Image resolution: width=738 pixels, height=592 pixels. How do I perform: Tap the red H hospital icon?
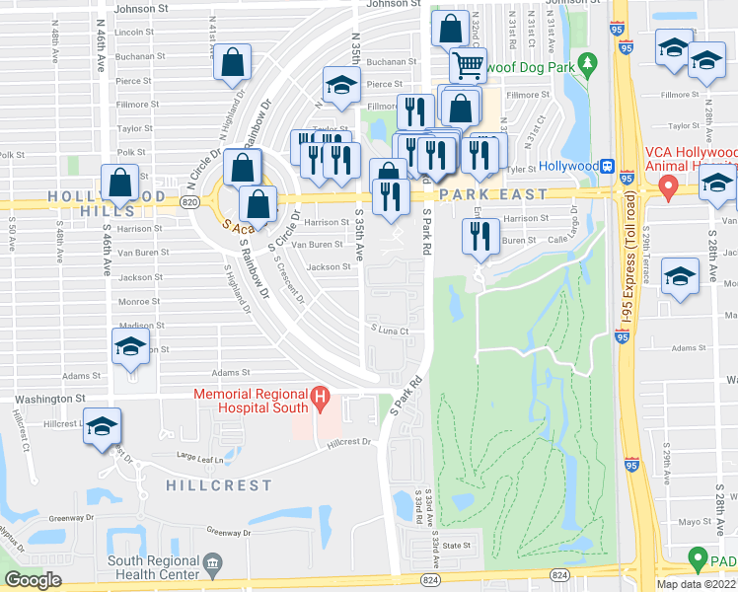click(x=319, y=400)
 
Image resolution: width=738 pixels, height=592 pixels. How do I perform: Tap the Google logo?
click(x=34, y=579)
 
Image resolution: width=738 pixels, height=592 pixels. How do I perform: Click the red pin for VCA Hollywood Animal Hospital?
click(x=669, y=185)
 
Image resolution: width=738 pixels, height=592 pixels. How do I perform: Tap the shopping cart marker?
click(x=468, y=65)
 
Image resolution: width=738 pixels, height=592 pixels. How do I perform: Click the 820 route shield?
click(x=187, y=201)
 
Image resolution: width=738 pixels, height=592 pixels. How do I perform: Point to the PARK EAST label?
click(x=493, y=194)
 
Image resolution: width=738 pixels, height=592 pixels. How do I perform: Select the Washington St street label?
click(x=49, y=399)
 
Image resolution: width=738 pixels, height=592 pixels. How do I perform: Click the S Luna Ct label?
click(x=390, y=330)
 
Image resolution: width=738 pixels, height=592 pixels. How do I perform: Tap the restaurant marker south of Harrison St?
click(x=480, y=235)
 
